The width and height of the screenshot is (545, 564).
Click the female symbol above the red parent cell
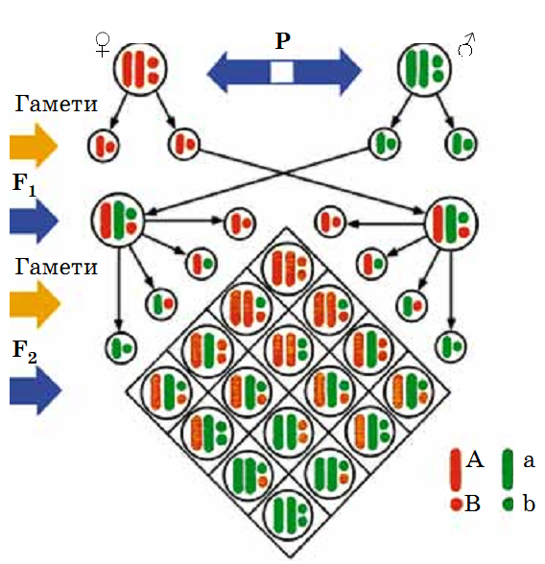click(103, 44)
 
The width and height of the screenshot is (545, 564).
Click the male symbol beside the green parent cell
click(466, 44)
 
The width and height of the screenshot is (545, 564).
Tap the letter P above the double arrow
click(283, 40)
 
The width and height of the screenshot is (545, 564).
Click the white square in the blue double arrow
click(282, 72)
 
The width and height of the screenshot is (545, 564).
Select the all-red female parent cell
click(140, 68)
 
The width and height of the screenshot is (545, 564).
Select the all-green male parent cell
click(424, 68)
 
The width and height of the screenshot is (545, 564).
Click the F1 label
click(24, 185)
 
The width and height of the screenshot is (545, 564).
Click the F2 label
click(24, 351)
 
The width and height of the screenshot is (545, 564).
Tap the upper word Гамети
click(56, 105)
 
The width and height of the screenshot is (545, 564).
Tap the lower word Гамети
click(56, 268)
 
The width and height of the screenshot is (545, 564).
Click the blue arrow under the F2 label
click(35, 390)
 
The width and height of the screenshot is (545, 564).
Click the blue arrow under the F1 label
click(34, 220)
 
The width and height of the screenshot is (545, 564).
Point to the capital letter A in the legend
click(475, 459)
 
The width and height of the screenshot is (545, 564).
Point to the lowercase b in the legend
click(529, 504)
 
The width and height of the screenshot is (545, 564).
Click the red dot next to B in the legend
click(456, 504)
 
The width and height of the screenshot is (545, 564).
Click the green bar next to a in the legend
click(508, 469)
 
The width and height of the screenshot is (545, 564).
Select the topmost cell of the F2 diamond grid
click(287, 268)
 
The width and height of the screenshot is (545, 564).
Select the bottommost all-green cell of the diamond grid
click(288, 515)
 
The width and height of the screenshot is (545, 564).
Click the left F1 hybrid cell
click(117, 221)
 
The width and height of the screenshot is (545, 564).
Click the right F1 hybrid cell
click(452, 223)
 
